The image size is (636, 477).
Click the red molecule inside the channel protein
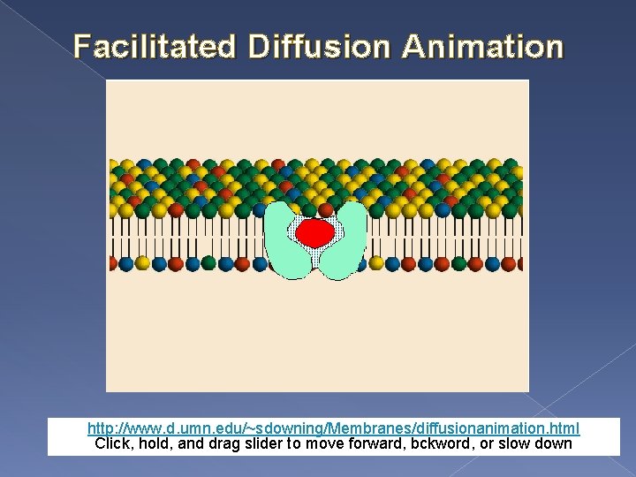(x=315, y=233)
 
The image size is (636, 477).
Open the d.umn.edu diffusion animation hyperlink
(x=333, y=429)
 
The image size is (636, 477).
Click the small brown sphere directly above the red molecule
(x=315, y=210)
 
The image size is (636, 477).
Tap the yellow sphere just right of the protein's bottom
(x=377, y=263)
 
